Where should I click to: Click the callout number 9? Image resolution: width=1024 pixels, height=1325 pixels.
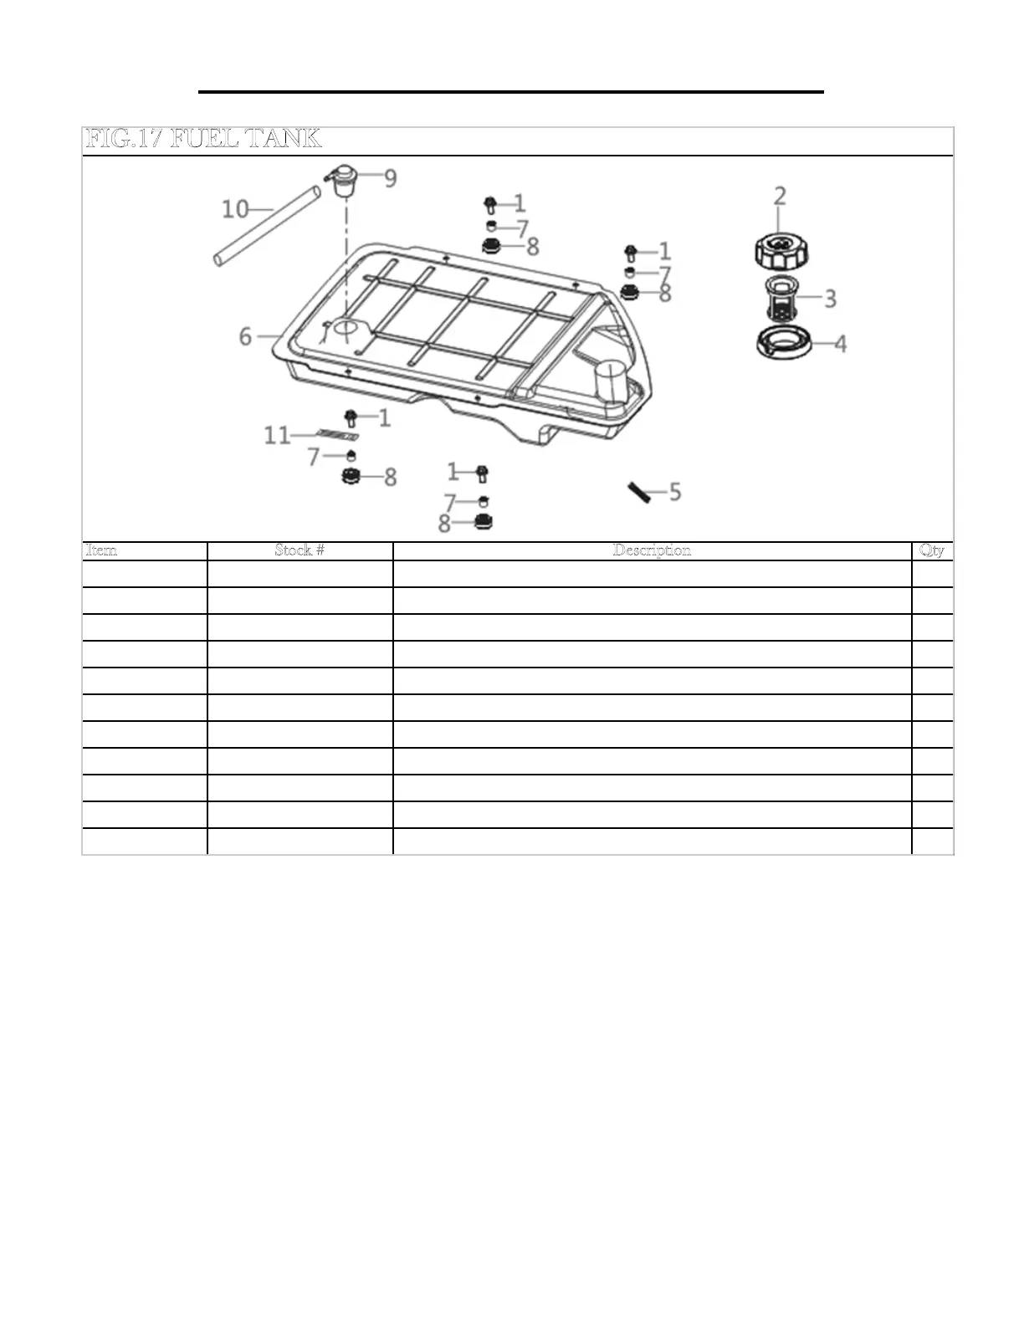click(391, 178)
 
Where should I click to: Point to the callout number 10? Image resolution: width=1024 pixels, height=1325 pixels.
click(235, 208)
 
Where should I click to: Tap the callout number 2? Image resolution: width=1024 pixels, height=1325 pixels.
click(780, 196)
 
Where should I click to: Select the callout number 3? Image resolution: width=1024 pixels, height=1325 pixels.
click(830, 299)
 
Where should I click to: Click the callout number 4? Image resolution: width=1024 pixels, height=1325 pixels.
click(840, 343)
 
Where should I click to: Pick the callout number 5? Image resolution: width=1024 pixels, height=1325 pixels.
click(674, 492)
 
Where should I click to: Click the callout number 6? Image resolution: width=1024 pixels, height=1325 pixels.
click(245, 336)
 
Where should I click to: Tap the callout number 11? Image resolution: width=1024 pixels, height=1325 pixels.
click(277, 435)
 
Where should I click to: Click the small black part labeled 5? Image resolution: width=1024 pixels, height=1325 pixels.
click(640, 493)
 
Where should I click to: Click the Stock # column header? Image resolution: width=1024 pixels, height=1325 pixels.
click(300, 550)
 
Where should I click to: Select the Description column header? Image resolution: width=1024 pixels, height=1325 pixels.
click(652, 550)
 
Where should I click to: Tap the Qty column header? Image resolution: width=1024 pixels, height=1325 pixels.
click(931, 550)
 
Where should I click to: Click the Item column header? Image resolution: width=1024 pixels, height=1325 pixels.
click(102, 550)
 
